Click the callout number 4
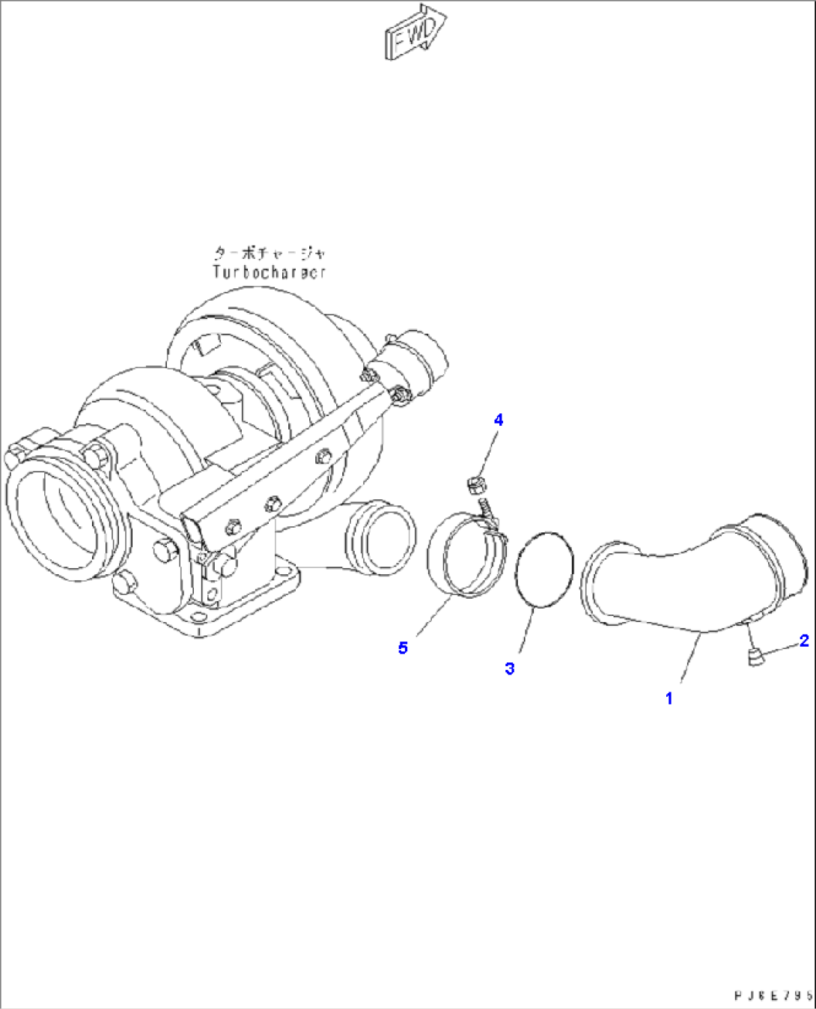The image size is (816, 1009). click(x=499, y=420)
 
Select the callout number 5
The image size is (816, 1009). click(x=403, y=648)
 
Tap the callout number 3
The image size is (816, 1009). click(x=510, y=668)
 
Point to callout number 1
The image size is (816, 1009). click(x=669, y=698)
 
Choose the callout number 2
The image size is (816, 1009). click(x=804, y=641)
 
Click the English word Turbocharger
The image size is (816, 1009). click(x=270, y=272)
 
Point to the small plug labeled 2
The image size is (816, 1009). click(x=755, y=658)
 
